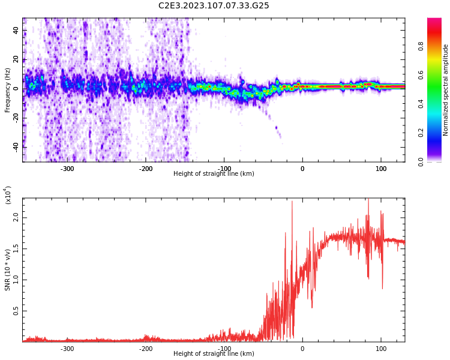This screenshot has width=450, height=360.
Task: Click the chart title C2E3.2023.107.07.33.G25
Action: [x=214, y=5]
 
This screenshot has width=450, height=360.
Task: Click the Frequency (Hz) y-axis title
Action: [x=7, y=90]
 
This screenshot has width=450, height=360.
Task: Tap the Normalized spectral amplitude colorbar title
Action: [x=446, y=90]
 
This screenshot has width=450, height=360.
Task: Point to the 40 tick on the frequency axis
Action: [x=16, y=29]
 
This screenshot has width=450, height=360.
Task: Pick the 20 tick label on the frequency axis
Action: [x=16, y=59]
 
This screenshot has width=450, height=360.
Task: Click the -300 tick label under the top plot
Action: [x=67, y=169]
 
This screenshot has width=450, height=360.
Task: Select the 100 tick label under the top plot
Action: [x=381, y=169]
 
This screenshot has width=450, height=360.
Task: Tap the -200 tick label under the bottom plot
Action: [x=146, y=349]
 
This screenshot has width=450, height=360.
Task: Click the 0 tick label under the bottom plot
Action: [x=302, y=349]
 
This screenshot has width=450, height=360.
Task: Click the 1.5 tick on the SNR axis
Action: [x=16, y=248]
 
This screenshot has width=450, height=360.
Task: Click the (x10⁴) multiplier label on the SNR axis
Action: [x=8, y=195]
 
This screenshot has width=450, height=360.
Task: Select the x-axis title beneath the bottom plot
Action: [x=214, y=354]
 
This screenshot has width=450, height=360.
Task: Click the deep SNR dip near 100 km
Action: [x=382, y=287]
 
